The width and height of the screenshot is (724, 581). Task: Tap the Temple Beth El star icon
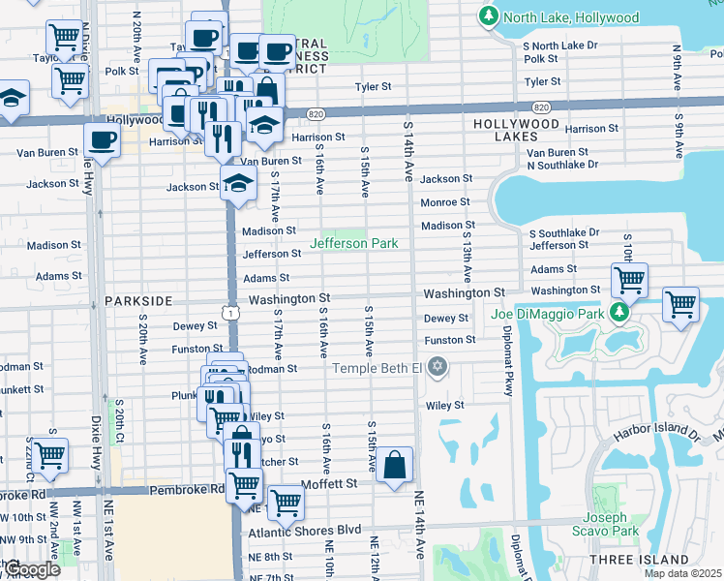(x=437, y=367)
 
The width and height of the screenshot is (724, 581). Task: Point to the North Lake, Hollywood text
(x=572, y=17)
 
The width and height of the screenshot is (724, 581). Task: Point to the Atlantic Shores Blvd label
(x=305, y=531)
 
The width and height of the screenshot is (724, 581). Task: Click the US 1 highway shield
(x=229, y=312)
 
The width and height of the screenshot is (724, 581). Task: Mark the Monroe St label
(x=444, y=202)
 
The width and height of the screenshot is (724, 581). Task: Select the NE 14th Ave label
(x=420, y=523)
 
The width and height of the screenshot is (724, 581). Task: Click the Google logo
(x=31, y=569)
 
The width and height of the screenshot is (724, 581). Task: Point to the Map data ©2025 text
(x=683, y=573)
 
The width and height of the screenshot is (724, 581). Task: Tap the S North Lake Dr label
(x=564, y=46)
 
